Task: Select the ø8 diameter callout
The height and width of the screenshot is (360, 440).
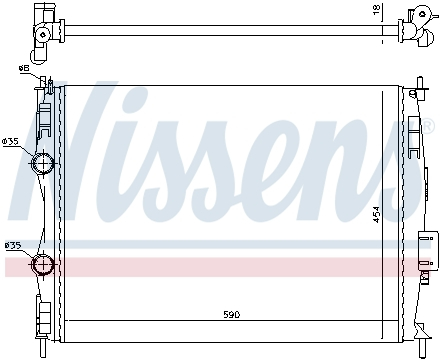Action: [23, 68]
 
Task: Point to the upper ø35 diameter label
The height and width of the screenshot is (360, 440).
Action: [11, 142]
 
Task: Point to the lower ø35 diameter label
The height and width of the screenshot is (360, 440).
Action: [13, 245]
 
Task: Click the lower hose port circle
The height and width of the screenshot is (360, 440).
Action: [44, 265]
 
